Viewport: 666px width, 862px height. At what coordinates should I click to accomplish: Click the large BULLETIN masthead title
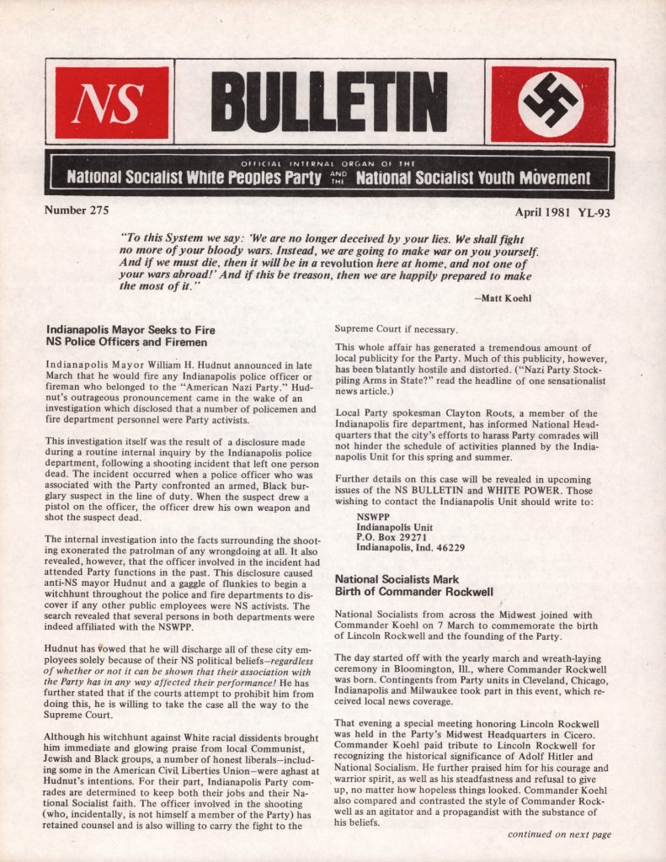(x=333, y=103)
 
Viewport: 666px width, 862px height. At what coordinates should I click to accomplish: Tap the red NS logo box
(x=111, y=103)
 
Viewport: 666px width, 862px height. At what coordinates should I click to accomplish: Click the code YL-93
(x=594, y=212)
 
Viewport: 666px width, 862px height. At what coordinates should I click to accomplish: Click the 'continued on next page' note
(x=559, y=834)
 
